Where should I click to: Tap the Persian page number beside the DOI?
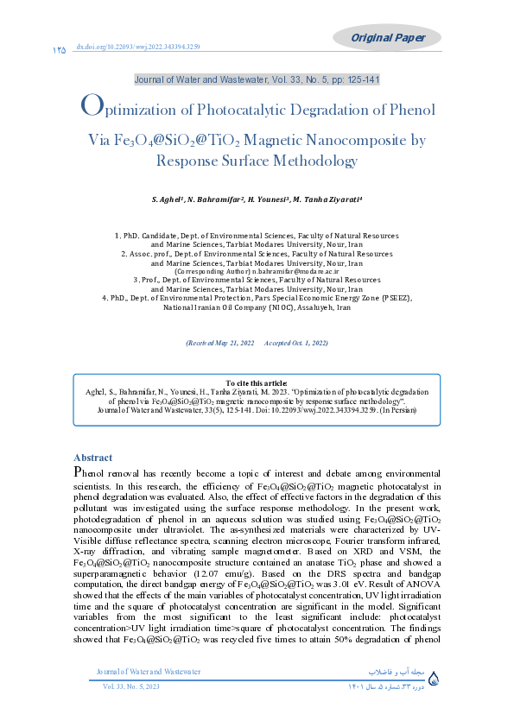[59, 51]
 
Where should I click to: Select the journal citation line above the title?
[257, 79]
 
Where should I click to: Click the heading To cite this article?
[257, 382]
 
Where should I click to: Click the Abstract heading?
[92, 458]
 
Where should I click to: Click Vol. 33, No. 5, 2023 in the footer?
[132, 686]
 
